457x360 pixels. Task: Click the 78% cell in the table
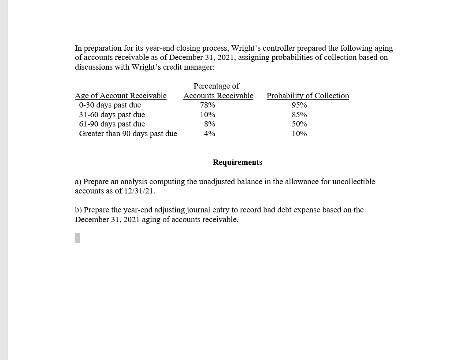click(208, 105)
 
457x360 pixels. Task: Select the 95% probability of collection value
click(299, 105)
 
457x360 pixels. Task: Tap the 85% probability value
click(299, 115)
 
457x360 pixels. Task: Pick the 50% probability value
click(299, 124)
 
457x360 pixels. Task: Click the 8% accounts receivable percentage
click(209, 124)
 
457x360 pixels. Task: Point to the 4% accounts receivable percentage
click(209, 134)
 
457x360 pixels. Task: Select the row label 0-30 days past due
click(110, 105)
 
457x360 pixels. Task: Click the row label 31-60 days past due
click(112, 115)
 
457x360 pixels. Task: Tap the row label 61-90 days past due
click(112, 124)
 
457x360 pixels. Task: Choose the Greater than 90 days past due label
click(128, 134)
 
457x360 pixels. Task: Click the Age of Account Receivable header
click(121, 96)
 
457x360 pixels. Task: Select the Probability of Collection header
click(308, 96)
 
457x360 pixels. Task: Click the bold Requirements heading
click(237, 162)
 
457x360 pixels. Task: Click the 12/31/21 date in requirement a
click(139, 191)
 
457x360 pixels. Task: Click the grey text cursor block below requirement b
click(77, 238)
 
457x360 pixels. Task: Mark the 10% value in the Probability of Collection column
click(299, 134)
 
